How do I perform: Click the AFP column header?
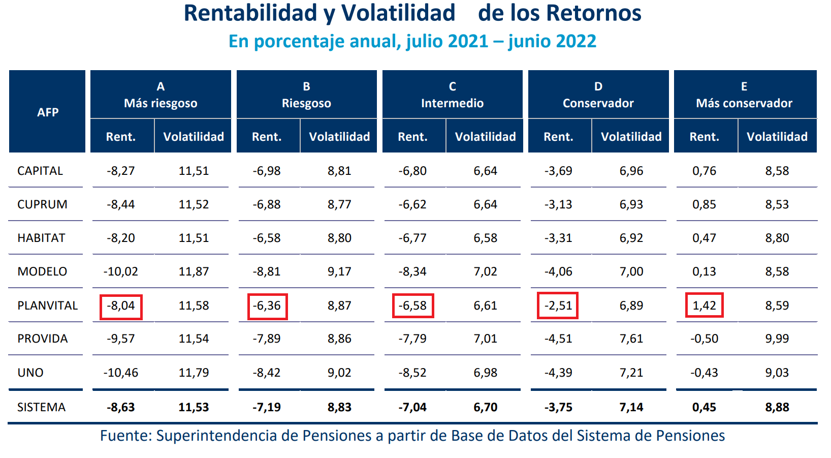tap(48, 112)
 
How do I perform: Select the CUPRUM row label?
tap(42, 204)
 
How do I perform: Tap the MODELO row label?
tap(42, 271)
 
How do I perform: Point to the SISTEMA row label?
tap(41, 407)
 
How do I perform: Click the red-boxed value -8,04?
tap(121, 306)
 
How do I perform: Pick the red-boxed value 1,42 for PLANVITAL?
tap(704, 306)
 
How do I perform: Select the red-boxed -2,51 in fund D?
tap(558, 306)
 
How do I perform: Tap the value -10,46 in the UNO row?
tap(121, 373)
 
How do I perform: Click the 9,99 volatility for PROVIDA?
tap(777, 339)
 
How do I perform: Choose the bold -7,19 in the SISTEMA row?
tap(266, 407)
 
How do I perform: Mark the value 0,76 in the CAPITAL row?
tap(704, 171)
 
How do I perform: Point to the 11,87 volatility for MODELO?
tap(194, 271)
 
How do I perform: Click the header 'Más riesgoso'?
tap(161, 103)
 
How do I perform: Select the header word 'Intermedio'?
tap(452, 103)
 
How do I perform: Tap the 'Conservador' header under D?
tap(598, 103)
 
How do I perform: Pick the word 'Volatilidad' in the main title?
tap(398, 13)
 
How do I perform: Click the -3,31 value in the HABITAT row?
tap(558, 238)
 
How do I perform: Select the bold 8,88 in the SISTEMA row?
tap(777, 407)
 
